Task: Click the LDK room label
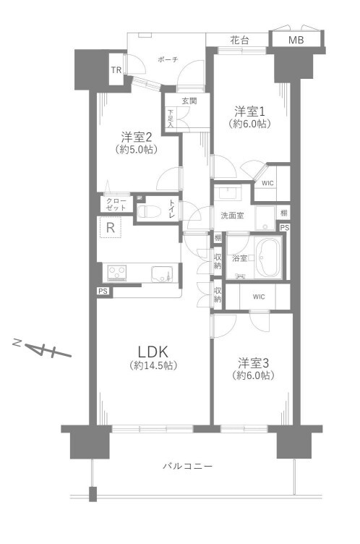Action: coord(153,352)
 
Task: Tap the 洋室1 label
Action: coord(249,111)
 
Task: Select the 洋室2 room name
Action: coord(137,137)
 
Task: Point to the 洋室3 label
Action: coord(253,363)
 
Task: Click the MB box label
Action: coord(296,41)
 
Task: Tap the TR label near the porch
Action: coord(116,70)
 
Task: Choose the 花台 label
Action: coord(240,41)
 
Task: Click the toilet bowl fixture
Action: coord(149,211)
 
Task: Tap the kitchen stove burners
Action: coord(117,272)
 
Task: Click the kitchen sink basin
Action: coord(161,274)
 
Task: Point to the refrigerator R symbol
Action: coord(111,228)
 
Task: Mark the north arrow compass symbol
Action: coord(42,349)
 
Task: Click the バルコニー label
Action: coord(188,466)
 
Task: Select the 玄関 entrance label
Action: coord(189,101)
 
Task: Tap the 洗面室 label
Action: coord(232,216)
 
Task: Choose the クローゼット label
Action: coord(116,204)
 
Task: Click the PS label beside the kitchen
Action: coord(103,291)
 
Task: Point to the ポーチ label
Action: coord(168,59)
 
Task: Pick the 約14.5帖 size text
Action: coord(153,365)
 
